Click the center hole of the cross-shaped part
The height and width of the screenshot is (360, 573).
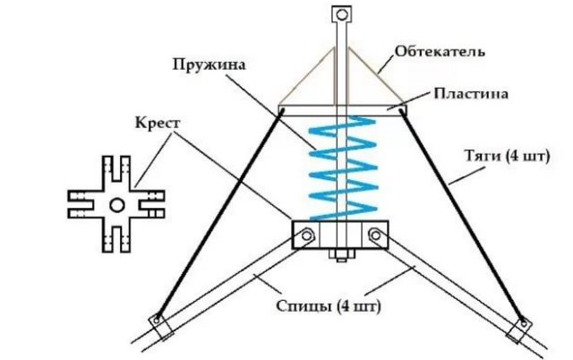click(x=117, y=206)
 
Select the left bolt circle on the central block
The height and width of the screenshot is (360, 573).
click(x=306, y=236)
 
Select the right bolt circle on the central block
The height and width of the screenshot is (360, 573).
click(x=377, y=236)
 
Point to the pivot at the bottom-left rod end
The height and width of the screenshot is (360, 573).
click(x=159, y=320)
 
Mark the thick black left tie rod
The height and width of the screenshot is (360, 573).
click(x=219, y=215)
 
